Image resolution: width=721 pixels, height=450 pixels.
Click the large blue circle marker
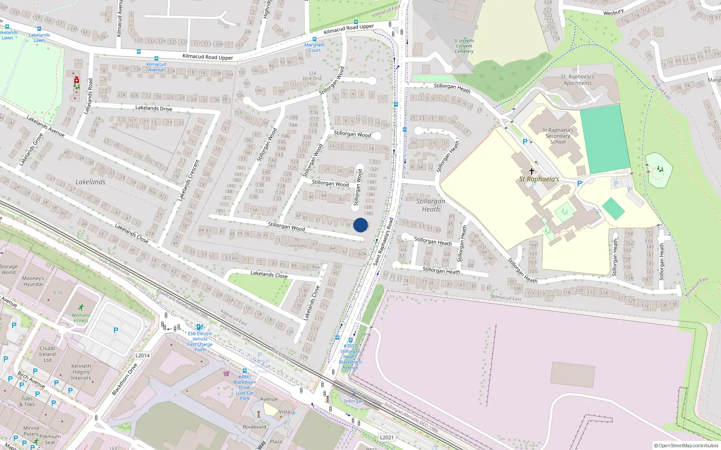coord(360,225)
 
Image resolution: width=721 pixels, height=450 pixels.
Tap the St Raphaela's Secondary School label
coord(558,136)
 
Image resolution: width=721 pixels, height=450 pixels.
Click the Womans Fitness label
coord(81,318)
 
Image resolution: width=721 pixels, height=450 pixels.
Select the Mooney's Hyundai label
coord(33,281)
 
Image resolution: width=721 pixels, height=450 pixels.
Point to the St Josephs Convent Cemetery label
coord(464,46)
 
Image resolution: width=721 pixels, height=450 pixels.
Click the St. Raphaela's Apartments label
coord(577,80)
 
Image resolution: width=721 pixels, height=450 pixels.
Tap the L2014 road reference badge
coord(142,355)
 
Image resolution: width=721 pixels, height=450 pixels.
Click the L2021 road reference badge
coord(387,437)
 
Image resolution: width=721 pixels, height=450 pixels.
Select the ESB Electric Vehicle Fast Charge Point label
coord(200,342)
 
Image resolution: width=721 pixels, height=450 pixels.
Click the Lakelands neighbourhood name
coord(90,182)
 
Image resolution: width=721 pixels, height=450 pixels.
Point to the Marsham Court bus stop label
coord(314,47)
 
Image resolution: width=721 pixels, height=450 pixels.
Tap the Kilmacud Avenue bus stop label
coord(156,67)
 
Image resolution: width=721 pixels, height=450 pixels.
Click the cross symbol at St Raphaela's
coord(532,171)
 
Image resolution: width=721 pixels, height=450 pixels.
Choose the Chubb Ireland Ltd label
coord(47,354)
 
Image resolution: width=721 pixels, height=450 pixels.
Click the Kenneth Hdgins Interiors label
coord(81,372)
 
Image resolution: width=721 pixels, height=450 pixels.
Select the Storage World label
coord(9,270)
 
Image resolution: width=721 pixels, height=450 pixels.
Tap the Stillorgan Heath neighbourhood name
coord(431,205)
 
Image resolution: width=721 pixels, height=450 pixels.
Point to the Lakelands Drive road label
coord(154,108)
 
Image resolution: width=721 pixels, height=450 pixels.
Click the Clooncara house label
coord(296,245)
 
